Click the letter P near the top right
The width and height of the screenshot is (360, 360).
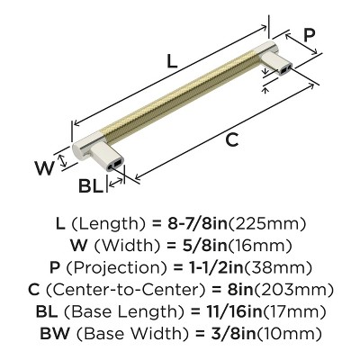pos(309,36)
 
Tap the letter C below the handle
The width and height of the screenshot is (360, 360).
pos(232,141)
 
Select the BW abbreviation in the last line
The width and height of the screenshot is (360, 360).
pos(53,336)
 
